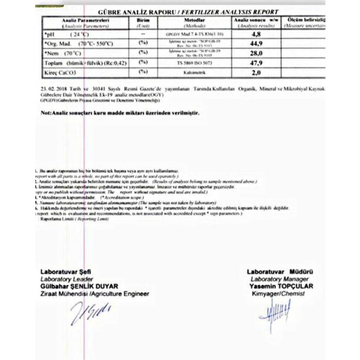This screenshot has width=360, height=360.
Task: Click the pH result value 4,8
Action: [x=256, y=34]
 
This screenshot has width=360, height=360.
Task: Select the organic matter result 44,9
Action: [x=256, y=44]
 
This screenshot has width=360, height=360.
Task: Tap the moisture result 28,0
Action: [x=256, y=53]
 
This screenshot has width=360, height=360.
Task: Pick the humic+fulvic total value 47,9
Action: [x=256, y=63]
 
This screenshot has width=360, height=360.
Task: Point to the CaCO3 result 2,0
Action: [x=256, y=73]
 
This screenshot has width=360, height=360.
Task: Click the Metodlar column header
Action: [x=195, y=20]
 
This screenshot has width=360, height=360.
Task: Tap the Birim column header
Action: [x=143, y=20]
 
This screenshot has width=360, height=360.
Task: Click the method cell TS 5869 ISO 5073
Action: [x=195, y=63]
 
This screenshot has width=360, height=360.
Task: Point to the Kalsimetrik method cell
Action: [x=195, y=73]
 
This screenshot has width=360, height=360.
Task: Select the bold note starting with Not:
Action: [x=120, y=113]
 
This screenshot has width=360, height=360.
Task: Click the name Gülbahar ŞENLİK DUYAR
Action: [x=79, y=286]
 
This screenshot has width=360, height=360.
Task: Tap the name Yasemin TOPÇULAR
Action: [x=281, y=286]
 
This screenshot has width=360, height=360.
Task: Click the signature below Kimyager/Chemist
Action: [x=275, y=311]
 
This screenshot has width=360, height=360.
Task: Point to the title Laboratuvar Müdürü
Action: [x=280, y=272]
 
